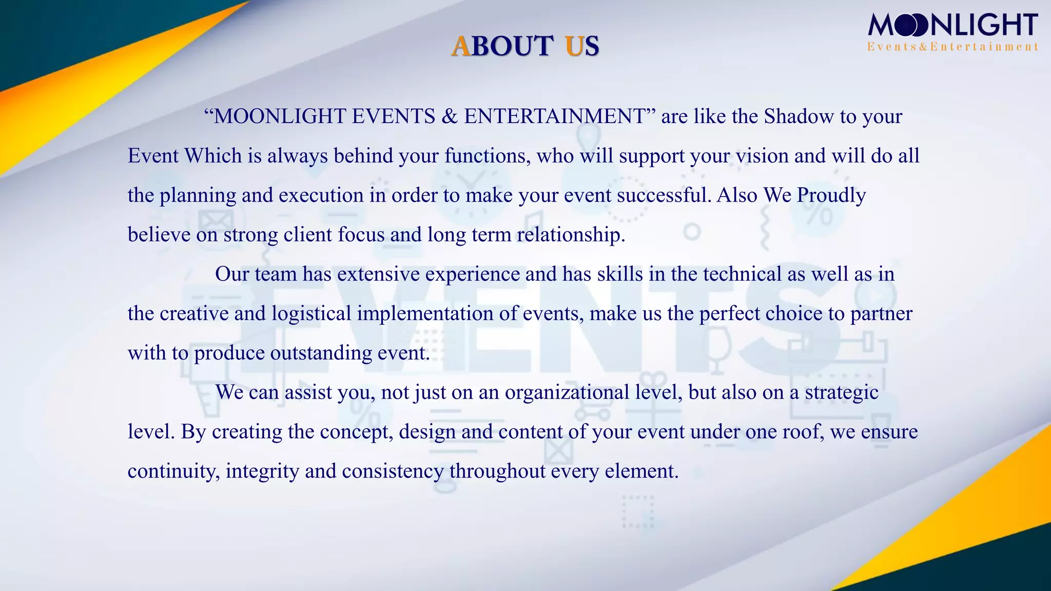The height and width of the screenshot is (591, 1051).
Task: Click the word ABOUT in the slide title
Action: [x=502, y=46]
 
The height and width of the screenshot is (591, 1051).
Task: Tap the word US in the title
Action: [x=582, y=46]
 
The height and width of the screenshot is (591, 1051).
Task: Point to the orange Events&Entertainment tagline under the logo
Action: [x=952, y=47]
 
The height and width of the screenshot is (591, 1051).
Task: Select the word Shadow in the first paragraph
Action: [x=799, y=116]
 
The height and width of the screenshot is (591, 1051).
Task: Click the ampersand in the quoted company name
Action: [x=450, y=116]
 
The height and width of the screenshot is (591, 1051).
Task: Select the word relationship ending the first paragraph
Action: [x=570, y=235]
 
